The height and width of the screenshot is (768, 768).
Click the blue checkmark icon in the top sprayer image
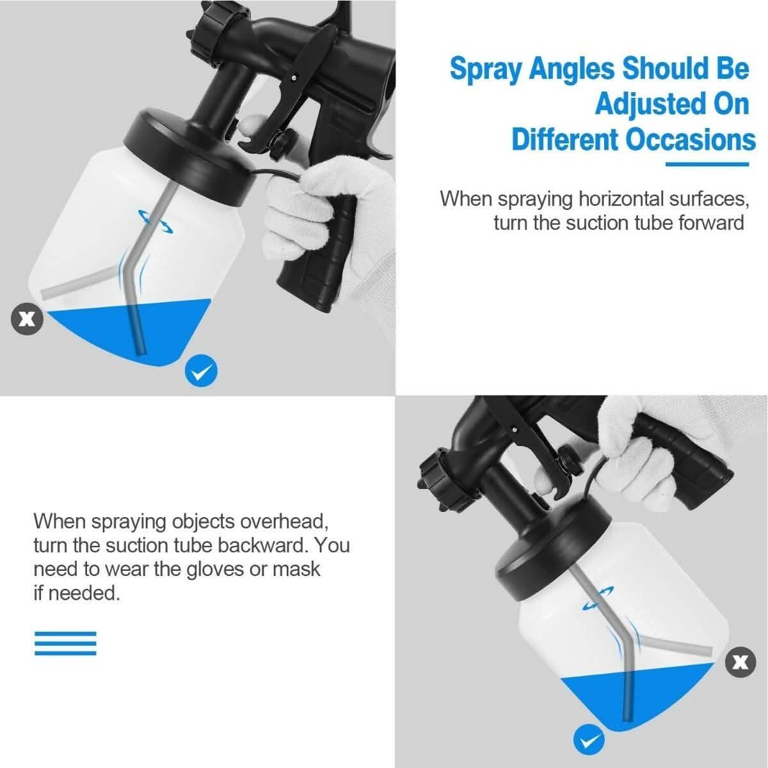click(x=202, y=371)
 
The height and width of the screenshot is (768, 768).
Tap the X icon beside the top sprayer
click(x=26, y=318)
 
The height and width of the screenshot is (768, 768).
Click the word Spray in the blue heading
click(x=486, y=70)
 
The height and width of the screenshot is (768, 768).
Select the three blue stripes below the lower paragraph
click(x=65, y=643)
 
